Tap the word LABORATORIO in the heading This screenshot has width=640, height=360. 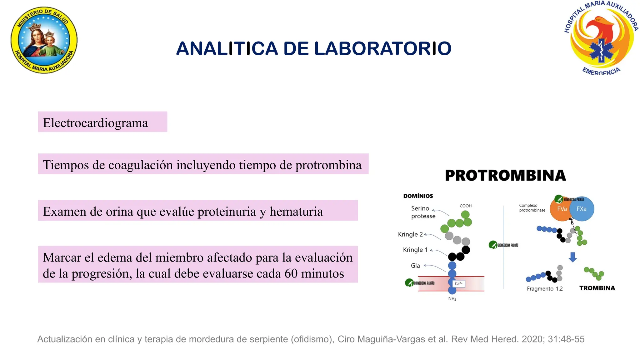coord(382,49)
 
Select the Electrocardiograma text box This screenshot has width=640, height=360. coord(102,122)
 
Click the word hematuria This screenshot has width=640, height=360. coord(296,212)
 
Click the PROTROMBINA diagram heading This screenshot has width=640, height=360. coord(505,176)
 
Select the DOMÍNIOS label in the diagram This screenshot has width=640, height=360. coord(418,196)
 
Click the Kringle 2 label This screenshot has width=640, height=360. coord(410,234)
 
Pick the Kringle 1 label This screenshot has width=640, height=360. coord(415,250)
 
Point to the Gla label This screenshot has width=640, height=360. coord(415,266)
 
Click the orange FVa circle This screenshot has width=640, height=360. coord(561,209)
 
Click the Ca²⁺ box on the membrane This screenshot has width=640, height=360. coord(458,283)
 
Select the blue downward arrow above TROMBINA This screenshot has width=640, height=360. coord(572,257)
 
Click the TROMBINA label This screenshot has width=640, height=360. coord(597,288)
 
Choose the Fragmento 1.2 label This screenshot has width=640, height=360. coord(544,289)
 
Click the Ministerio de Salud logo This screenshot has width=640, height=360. coord(44,40)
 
